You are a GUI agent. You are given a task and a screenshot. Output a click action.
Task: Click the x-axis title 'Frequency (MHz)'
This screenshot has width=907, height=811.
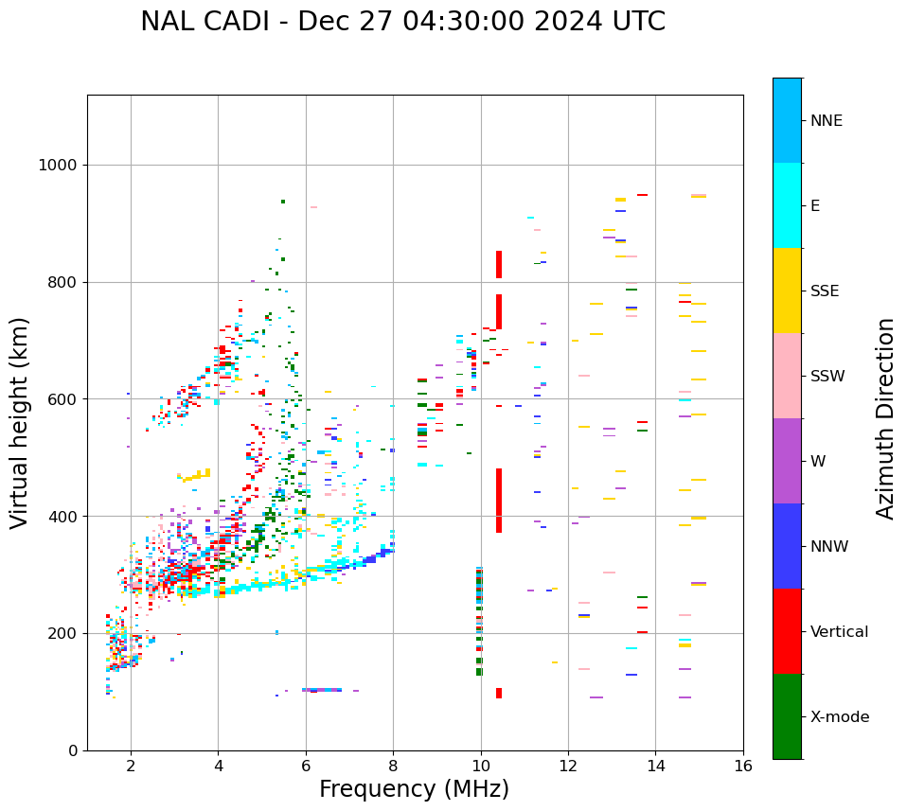tap(414, 789)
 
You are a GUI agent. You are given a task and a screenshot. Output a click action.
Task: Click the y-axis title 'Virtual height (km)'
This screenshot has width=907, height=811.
tap(20, 422)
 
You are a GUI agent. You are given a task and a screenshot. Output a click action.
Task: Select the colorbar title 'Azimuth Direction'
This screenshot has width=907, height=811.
tap(885, 418)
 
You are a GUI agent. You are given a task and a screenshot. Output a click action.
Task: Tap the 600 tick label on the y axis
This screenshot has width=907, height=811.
tap(61, 399)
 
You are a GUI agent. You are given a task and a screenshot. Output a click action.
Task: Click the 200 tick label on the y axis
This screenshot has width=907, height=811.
tap(61, 633)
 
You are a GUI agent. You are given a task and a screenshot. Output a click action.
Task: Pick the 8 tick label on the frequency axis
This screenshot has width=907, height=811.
tap(393, 766)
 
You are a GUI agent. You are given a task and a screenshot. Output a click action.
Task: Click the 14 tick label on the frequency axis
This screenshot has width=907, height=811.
tap(655, 766)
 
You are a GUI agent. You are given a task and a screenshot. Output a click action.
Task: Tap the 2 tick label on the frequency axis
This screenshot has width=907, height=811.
tap(131, 766)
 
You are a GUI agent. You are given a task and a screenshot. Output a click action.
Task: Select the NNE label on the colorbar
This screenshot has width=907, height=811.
tap(826, 121)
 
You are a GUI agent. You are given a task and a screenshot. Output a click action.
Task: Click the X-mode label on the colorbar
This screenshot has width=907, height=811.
tap(839, 717)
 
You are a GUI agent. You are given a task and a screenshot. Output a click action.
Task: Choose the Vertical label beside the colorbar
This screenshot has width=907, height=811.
tap(839, 632)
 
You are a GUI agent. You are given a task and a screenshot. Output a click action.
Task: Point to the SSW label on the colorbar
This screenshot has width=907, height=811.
tap(827, 377)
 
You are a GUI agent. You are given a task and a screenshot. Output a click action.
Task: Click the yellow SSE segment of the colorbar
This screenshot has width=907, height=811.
tap(787, 291)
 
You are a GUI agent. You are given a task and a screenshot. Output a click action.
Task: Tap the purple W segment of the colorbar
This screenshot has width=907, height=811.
tap(787, 461)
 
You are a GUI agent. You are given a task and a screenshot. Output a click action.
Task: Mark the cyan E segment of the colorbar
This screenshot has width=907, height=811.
tap(787, 205)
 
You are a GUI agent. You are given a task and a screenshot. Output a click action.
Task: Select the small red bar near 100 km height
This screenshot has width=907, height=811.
tap(499, 693)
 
